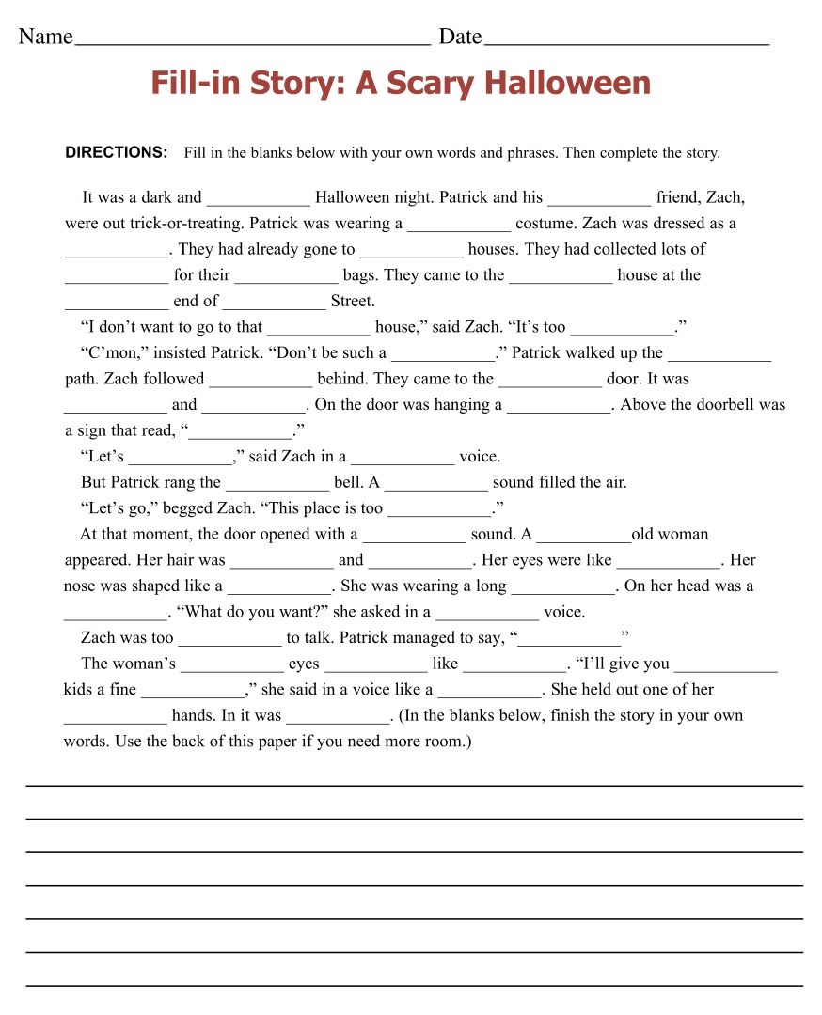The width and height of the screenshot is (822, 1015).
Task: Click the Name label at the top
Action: coord(45,37)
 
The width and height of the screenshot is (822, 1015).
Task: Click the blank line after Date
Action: coord(626,41)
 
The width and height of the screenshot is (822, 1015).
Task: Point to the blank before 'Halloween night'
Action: coord(258,200)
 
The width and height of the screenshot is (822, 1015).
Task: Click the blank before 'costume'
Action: coord(459,226)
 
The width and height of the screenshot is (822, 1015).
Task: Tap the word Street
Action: coord(353,302)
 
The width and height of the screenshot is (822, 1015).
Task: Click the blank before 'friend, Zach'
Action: coord(599,200)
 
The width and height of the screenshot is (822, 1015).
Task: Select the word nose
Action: coord(81,586)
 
